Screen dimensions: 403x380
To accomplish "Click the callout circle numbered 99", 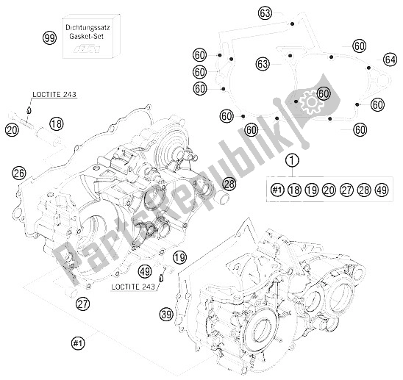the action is tap(49, 38).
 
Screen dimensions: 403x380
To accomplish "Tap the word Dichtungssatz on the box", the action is tap(88, 27).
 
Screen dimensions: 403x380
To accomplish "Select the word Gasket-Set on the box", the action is tap(86, 36).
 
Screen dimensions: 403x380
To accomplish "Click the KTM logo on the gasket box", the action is tap(86, 49).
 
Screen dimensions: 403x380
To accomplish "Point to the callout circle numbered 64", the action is tap(390, 60).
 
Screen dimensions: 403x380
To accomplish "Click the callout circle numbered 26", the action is tap(19, 173).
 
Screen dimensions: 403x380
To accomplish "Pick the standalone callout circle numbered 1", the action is tap(292, 160).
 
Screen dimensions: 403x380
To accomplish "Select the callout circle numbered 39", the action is tap(166, 314).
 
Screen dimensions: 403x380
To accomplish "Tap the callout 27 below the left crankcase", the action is tap(83, 304).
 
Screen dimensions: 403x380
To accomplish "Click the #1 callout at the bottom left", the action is tap(78, 343).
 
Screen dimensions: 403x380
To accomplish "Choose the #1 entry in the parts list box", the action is tap(277, 190).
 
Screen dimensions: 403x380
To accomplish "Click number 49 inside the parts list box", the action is tap(382, 190).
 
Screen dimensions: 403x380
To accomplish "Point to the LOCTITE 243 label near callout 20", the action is tap(54, 94).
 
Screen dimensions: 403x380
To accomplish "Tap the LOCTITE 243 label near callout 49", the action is tap(133, 287).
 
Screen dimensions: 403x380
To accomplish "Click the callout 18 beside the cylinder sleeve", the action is tap(57, 123).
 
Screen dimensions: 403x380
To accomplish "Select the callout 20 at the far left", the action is tap(12, 130).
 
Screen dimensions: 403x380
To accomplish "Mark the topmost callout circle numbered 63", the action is tap(265, 12).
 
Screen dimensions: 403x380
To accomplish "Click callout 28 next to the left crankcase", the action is tap(229, 184).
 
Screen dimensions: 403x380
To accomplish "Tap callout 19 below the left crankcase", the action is tap(179, 257).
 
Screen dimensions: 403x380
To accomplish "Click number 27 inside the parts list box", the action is tap(347, 190).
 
